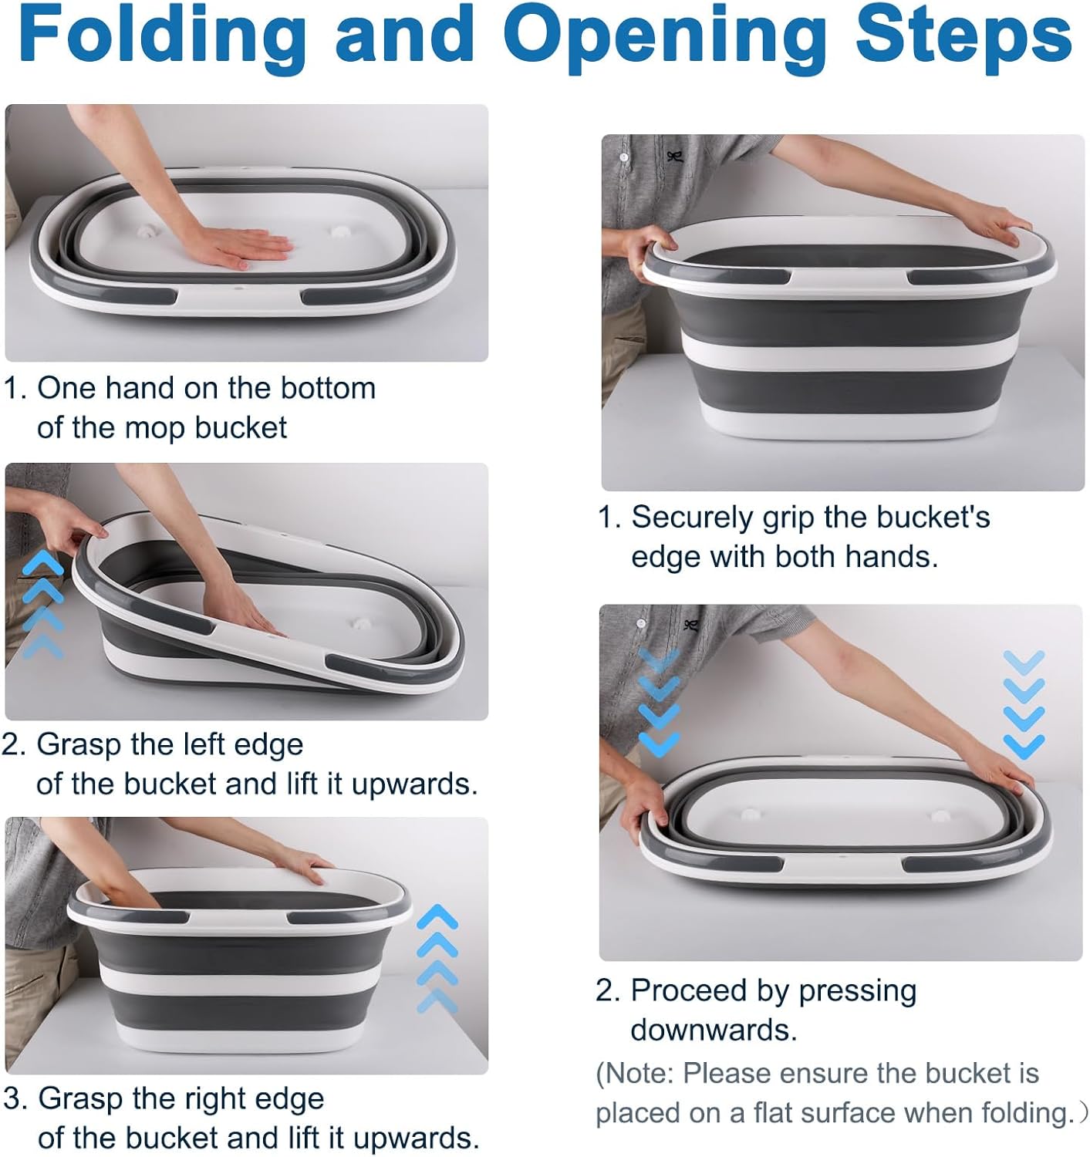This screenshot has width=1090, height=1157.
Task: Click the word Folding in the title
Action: tap(164, 36)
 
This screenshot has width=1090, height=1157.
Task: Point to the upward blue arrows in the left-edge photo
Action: tap(42, 603)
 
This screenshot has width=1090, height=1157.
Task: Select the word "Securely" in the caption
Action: tap(693, 518)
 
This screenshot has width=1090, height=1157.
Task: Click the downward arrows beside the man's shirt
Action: tap(660, 702)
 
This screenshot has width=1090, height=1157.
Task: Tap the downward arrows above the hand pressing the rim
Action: tap(1024, 705)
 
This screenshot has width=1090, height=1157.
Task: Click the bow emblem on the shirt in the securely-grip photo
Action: tap(674, 157)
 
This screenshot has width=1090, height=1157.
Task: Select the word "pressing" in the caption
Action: tap(858, 991)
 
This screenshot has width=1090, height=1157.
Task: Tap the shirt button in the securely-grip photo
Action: tap(624, 157)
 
